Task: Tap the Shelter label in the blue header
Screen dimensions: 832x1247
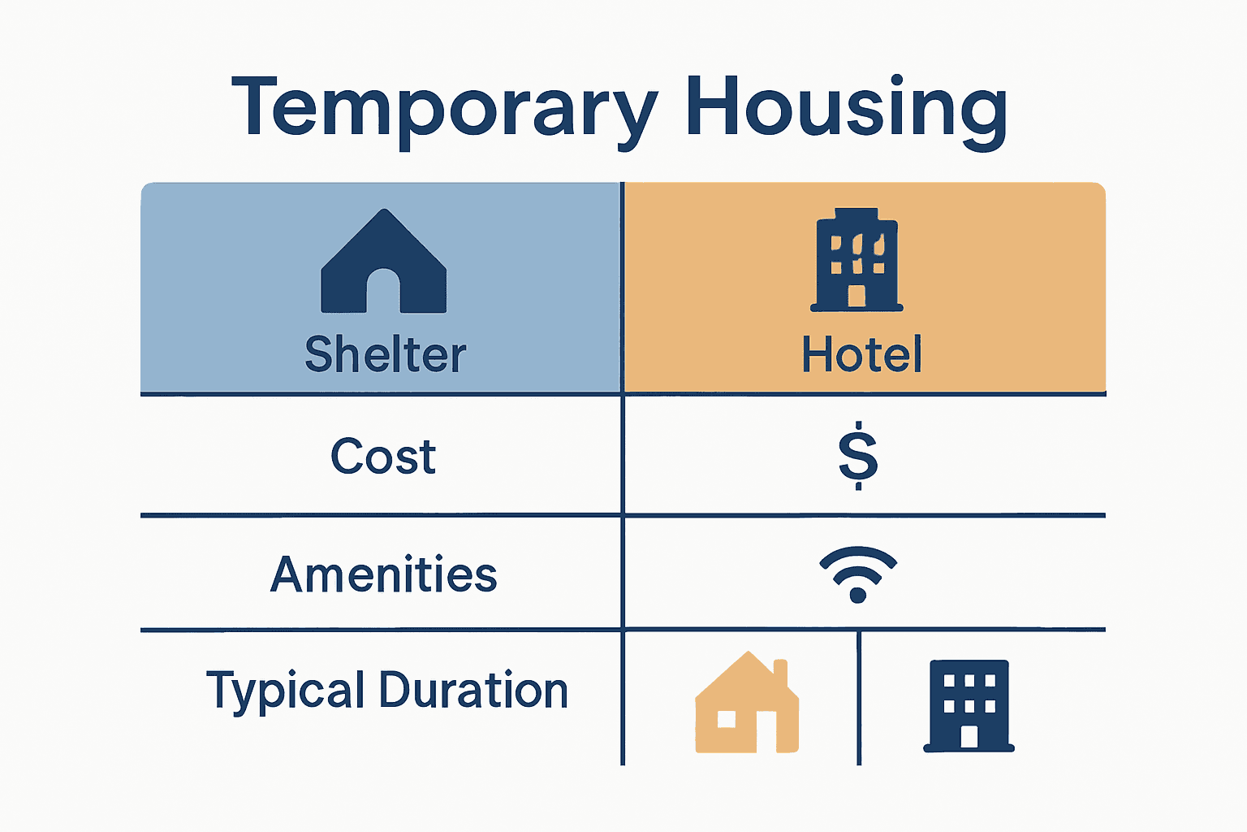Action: pyautogui.click(x=385, y=355)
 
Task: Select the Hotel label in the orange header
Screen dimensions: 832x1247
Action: pyautogui.click(x=861, y=355)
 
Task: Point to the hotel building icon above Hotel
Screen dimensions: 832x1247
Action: pyautogui.click(x=857, y=260)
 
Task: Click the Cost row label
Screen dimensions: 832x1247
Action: pyautogui.click(x=383, y=457)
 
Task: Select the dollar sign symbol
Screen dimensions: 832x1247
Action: pyautogui.click(x=858, y=455)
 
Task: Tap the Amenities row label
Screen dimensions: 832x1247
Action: pyautogui.click(x=383, y=574)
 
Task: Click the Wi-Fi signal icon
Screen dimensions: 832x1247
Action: pyautogui.click(x=858, y=573)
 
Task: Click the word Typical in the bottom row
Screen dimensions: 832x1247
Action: pyautogui.click(x=285, y=691)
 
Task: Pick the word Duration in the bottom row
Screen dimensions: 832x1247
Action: pyautogui.click(x=473, y=691)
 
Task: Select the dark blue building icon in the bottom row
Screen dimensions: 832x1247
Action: pyautogui.click(x=969, y=705)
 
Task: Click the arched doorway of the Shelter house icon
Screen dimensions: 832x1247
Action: pyautogui.click(x=383, y=292)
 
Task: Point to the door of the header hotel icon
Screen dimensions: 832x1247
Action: pyautogui.click(x=857, y=295)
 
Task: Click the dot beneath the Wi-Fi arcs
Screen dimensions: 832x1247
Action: pyautogui.click(x=858, y=595)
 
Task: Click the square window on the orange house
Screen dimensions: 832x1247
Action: pyautogui.click(x=727, y=719)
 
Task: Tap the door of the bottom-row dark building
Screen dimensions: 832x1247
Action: pyautogui.click(x=969, y=736)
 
